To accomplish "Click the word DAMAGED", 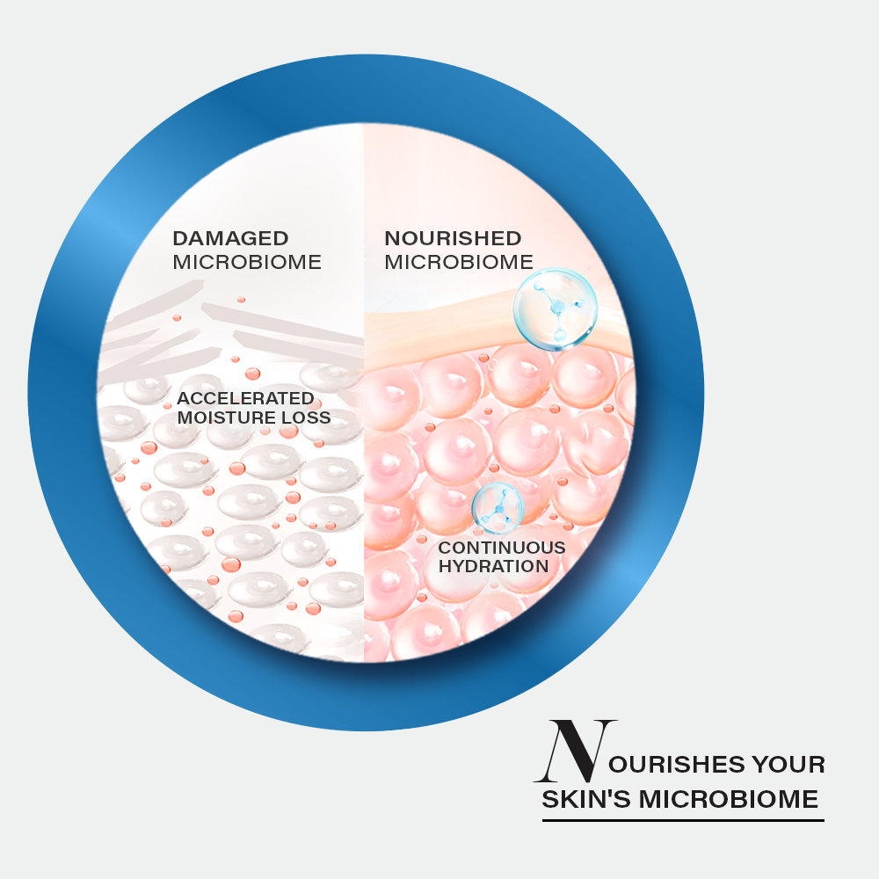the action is (230, 238).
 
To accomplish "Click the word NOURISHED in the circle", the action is (453, 238).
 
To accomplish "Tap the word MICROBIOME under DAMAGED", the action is (247, 262).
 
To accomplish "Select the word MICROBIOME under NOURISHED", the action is (459, 262).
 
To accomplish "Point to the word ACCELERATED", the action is (245, 398).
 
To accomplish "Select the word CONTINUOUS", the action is (502, 547).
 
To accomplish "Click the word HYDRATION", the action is (493, 566).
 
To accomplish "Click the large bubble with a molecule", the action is (556, 309).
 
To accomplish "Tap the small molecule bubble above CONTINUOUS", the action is (498, 508).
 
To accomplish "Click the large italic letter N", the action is (575, 751).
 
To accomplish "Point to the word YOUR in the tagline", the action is (788, 764).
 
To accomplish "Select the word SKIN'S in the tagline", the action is (585, 799).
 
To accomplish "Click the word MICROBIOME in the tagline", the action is (729, 799).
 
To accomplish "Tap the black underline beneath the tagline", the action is (683, 820).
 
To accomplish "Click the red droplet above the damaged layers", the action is (241, 300).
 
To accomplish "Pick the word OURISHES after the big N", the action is (677, 764).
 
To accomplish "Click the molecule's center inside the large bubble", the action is (556, 308).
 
